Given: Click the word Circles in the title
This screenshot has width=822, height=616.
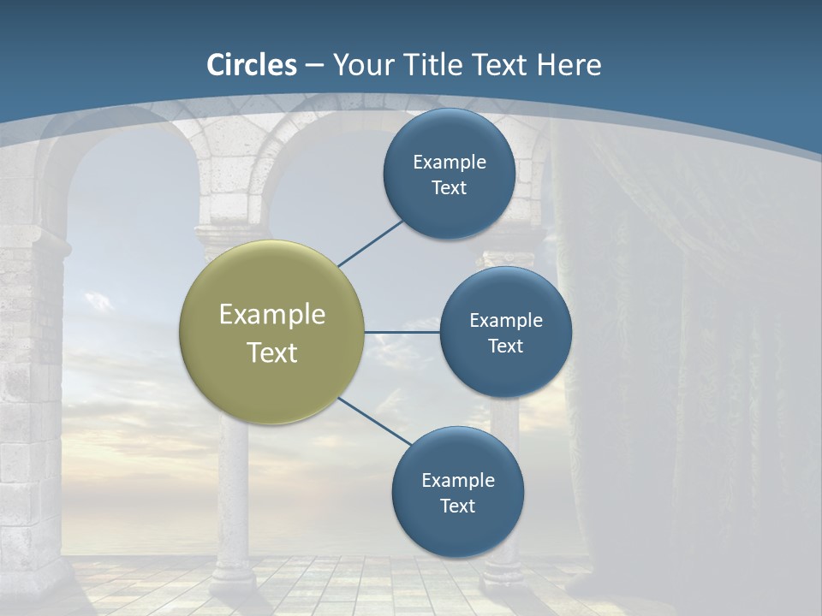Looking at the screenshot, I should pyautogui.click(x=252, y=65).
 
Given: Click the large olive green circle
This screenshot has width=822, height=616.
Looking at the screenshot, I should pyautogui.click(x=272, y=332).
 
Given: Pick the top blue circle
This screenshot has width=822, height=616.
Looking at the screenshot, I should pyautogui.click(x=449, y=174).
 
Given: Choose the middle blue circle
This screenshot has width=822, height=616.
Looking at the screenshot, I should pyautogui.click(x=505, y=332).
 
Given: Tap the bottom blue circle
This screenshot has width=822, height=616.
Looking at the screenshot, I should pyautogui.click(x=457, y=492).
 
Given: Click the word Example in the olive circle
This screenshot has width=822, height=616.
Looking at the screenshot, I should pyautogui.click(x=272, y=314).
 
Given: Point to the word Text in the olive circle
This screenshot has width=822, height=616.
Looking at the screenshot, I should pyautogui.click(x=272, y=352).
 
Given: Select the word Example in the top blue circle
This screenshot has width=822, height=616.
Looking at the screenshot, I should pyautogui.click(x=449, y=162).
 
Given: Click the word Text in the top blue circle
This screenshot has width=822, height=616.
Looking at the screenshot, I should pyautogui.click(x=449, y=187).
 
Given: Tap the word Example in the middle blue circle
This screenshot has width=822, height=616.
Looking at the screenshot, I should pyautogui.click(x=505, y=320).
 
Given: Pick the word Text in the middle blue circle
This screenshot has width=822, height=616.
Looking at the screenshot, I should pyautogui.click(x=505, y=346).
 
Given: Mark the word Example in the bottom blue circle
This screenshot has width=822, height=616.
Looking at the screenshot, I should pyautogui.click(x=457, y=480).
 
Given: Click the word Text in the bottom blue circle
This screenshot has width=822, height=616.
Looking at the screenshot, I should pyautogui.click(x=457, y=506).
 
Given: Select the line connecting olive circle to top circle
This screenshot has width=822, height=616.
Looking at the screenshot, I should pyautogui.click(x=372, y=243).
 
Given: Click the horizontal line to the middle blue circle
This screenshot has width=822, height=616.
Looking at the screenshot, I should pyautogui.click(x=402, y=332).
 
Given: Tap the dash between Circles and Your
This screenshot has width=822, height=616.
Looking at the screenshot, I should pyautogui.click(x=314, y=66).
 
